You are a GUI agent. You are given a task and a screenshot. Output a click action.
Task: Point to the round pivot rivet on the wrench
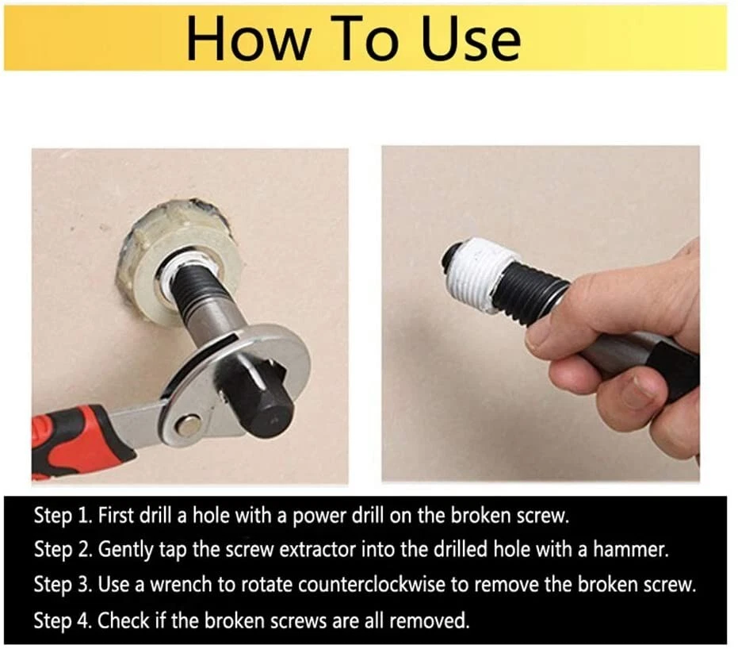click(x=189, y=425)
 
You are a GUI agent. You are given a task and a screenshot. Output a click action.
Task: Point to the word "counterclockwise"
click(x=371, y=585)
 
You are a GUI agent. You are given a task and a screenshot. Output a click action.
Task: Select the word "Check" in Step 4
click(x=124, y=620)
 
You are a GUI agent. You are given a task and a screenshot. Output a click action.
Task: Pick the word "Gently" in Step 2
click(x=126, y=550)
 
